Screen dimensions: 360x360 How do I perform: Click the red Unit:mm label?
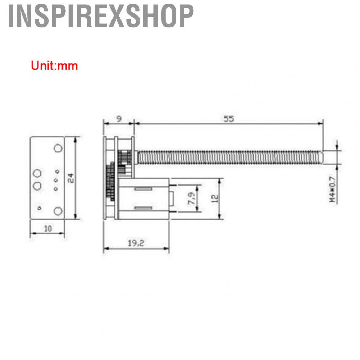[54, 65]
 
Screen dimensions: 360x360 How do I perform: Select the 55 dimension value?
[229, 119]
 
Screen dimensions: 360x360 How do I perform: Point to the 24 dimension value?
[71, 178]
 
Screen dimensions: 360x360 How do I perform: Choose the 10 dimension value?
[48, 228]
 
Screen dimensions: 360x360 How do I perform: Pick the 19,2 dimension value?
[136, 243]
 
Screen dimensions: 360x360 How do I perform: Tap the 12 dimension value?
[215, 199]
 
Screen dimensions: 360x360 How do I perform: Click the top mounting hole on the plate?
[58, 148]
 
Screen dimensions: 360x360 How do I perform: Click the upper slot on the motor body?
[143, 188]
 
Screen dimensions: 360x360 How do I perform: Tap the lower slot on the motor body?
[143, 208]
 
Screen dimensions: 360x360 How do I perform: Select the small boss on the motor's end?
[172, 199]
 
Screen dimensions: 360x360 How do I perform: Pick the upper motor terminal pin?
[174, 186]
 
